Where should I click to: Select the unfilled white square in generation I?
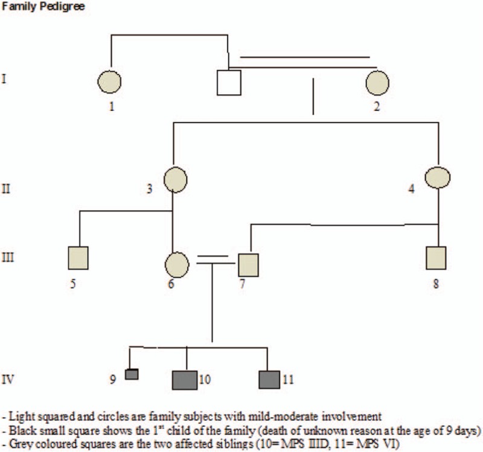click(229, 83)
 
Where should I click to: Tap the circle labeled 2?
click(377, 82)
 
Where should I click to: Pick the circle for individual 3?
click(174, 178)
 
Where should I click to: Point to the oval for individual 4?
click(439, 177)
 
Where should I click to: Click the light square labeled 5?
click(79, 258)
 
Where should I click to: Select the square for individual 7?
click(248, 264)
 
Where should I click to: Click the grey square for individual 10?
click(185, 380)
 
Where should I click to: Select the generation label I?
click(5, 78)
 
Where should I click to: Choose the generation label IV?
click(8, 380)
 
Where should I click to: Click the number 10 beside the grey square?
click(204, 380)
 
